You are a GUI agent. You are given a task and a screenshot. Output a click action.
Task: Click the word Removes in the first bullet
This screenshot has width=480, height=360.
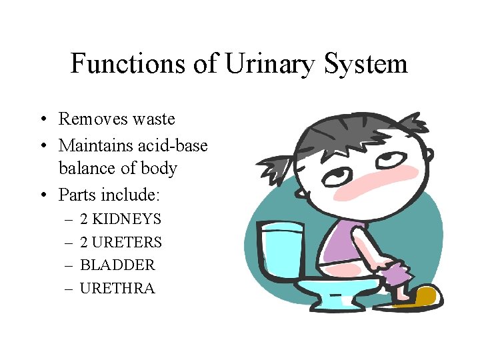[x=88, y=119]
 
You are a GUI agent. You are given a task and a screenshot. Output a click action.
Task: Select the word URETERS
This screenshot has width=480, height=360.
[x=127, y=242]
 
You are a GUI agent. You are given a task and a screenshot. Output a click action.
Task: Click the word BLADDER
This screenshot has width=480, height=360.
[x=117, y=265]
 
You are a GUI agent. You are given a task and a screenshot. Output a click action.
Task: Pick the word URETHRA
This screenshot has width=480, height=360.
[x=117, y=289]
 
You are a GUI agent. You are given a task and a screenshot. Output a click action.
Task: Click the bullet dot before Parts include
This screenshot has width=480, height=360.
[x=42, y=195]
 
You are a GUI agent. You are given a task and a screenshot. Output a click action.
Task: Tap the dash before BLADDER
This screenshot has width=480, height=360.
[x=69, y=265]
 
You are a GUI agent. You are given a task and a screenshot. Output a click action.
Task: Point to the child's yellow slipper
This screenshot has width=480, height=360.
[x=417, y=296]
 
